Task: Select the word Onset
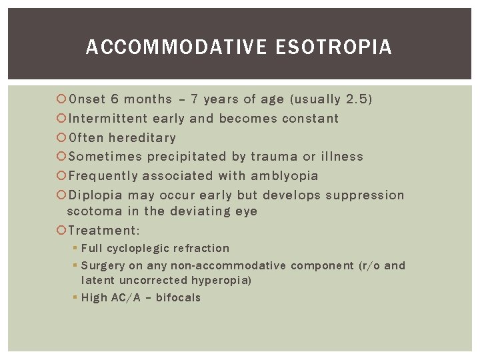tap(87, 99)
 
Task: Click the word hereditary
tap(142, 138)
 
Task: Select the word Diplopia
tap(95, 195)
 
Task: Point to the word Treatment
tap(101, 231)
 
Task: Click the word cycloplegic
tap(137, 249)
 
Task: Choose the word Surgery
tap(103, 265)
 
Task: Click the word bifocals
tap(178, 297)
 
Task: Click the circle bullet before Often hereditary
tap(61, 138)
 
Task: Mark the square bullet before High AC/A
tap(75, 298)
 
